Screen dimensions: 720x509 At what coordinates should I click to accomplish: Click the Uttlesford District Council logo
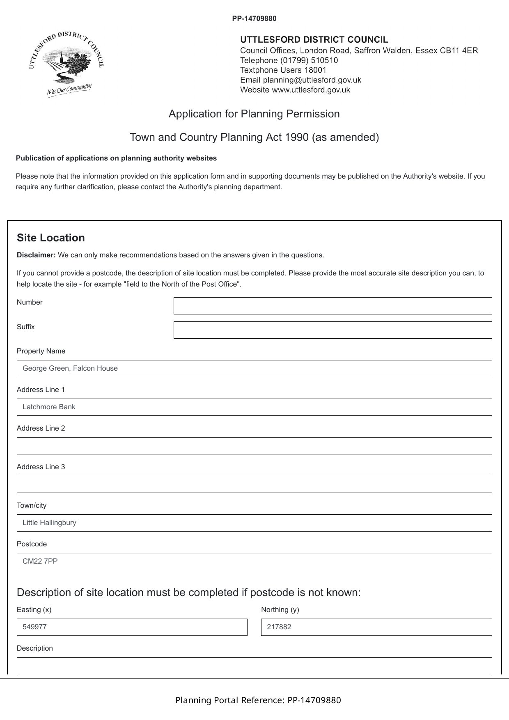(66, 64)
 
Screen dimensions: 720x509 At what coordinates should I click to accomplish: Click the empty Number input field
(332, 306)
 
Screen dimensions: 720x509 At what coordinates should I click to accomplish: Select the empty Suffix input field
(332, 330)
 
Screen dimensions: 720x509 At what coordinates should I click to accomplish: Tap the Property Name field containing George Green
(254, 369)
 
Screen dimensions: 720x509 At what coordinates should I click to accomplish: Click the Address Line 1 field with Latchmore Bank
(254, 407)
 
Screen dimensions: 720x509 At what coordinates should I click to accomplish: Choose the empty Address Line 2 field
(254, 446)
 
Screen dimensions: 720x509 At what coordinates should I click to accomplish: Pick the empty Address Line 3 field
(254, 484)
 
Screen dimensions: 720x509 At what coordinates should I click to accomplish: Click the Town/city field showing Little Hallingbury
(254, 523)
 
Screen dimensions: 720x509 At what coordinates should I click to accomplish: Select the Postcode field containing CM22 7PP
(254, 562)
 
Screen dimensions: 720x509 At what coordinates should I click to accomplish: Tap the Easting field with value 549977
(132, 627)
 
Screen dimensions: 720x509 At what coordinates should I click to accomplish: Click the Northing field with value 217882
(376, 627)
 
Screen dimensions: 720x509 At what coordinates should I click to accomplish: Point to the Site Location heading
(51, 238)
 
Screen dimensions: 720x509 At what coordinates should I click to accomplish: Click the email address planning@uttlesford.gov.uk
(312, 80)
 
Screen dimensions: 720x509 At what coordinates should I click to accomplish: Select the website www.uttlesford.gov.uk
(311, 90)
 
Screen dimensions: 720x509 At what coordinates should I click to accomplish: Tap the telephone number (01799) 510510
(309, 60)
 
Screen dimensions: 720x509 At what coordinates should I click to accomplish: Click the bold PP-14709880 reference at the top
(254, 18)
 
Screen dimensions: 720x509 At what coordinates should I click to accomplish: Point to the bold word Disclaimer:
(36, 255)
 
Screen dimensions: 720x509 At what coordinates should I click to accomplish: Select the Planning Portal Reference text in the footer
(258, 700)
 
